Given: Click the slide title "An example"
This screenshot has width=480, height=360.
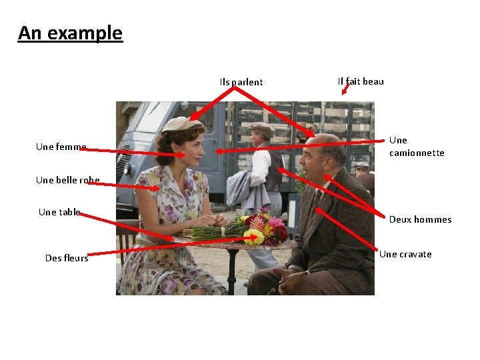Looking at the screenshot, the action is tap(70, 33).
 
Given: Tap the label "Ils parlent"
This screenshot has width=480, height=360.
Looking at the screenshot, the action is tap(241, 83).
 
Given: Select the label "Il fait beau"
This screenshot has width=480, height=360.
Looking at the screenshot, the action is tap(361, 81).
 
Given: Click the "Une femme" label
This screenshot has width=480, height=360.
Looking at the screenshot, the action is tap(61, 147).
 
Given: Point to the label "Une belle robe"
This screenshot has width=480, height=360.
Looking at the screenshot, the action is tap(68, 180).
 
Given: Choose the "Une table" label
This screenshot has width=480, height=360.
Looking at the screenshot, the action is tap(59, 212).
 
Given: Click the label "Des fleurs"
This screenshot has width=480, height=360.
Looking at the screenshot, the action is tap(67, 258).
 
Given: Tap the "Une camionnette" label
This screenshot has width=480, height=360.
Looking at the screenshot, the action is tap(416, 147).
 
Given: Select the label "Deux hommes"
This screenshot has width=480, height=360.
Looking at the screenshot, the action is tap(420, 219).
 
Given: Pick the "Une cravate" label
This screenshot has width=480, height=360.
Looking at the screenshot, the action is tap(405, 254).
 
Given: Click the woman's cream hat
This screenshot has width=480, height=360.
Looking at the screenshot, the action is tap(181, 123).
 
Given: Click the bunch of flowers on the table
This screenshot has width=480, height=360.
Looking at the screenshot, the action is tap(261, 229).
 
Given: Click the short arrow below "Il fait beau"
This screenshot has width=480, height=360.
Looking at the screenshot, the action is tap(345, 89).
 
